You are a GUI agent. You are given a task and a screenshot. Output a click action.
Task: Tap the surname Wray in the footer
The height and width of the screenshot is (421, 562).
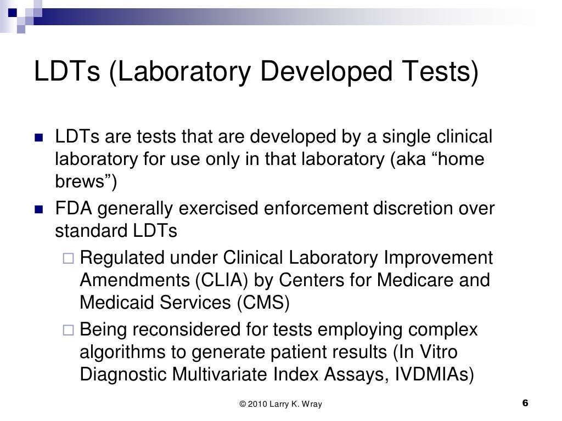311,405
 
